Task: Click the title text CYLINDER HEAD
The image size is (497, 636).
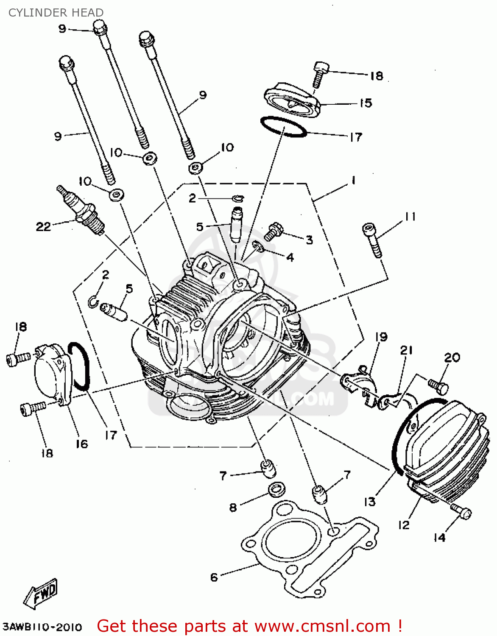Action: [56, 13]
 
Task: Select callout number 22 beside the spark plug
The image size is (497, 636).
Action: [43, 227]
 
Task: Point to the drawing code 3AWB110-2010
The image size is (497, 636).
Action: [42, 627]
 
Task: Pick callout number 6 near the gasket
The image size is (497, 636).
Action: [214, 577]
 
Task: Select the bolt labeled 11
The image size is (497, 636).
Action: [372, 240]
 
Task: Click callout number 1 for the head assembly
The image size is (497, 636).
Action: [353, 181]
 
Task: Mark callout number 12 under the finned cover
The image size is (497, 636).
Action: [403, 525]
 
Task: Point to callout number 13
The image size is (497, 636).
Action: [370, 502]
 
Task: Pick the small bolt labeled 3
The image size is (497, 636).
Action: [274, 231]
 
